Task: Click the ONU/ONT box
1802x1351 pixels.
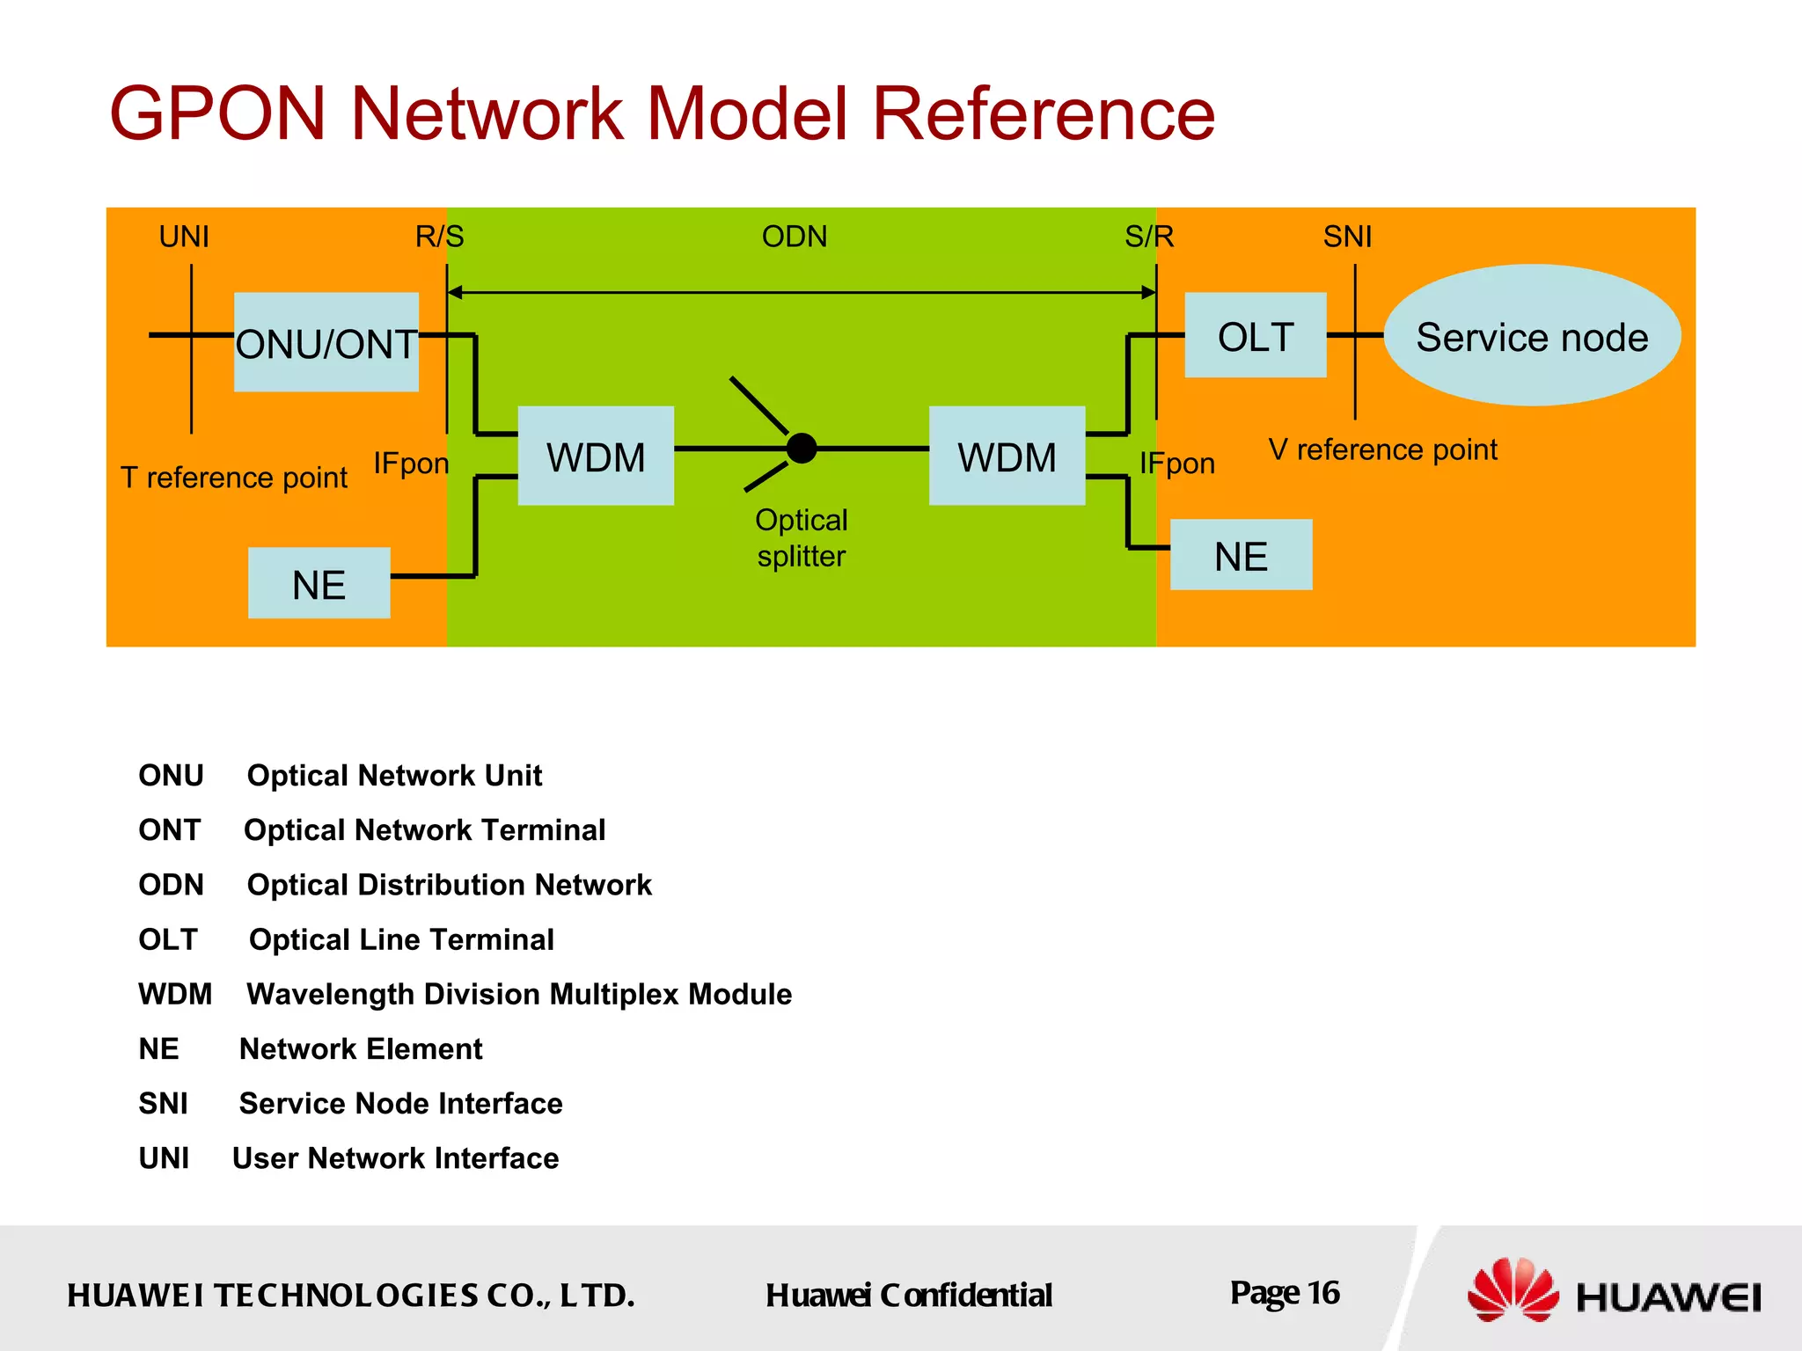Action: click(326, 342)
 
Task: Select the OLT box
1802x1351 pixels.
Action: click(1255, 336)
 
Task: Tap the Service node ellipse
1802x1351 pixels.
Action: click(1532, 336)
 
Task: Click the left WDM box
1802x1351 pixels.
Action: click(596, 456)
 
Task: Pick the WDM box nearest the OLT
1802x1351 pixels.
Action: click(1007, 456)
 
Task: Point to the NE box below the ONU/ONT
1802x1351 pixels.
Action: click(319, 583)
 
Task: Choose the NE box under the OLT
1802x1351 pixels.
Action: click(1241, 555)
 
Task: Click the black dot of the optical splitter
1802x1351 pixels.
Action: click(802, 449)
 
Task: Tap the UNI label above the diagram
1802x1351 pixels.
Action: click(184, 237)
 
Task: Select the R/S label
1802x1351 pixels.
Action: click(439, 237)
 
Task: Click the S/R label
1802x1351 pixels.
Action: click(1149, 237)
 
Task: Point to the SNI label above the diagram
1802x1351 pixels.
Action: click(1347, 237)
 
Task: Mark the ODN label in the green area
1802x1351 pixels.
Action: click(795, 237)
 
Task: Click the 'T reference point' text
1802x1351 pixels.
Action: click(234, 478)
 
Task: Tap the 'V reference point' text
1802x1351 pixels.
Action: click(1382, 449)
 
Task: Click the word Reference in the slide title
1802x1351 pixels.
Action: click(1043, 113)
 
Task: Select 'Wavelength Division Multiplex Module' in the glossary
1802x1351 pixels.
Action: click(519, 994)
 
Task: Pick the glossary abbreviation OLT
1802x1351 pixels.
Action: click(168, 939)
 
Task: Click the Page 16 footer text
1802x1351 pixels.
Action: click(1284, 1293)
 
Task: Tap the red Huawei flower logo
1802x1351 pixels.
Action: click(1512, 1289)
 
